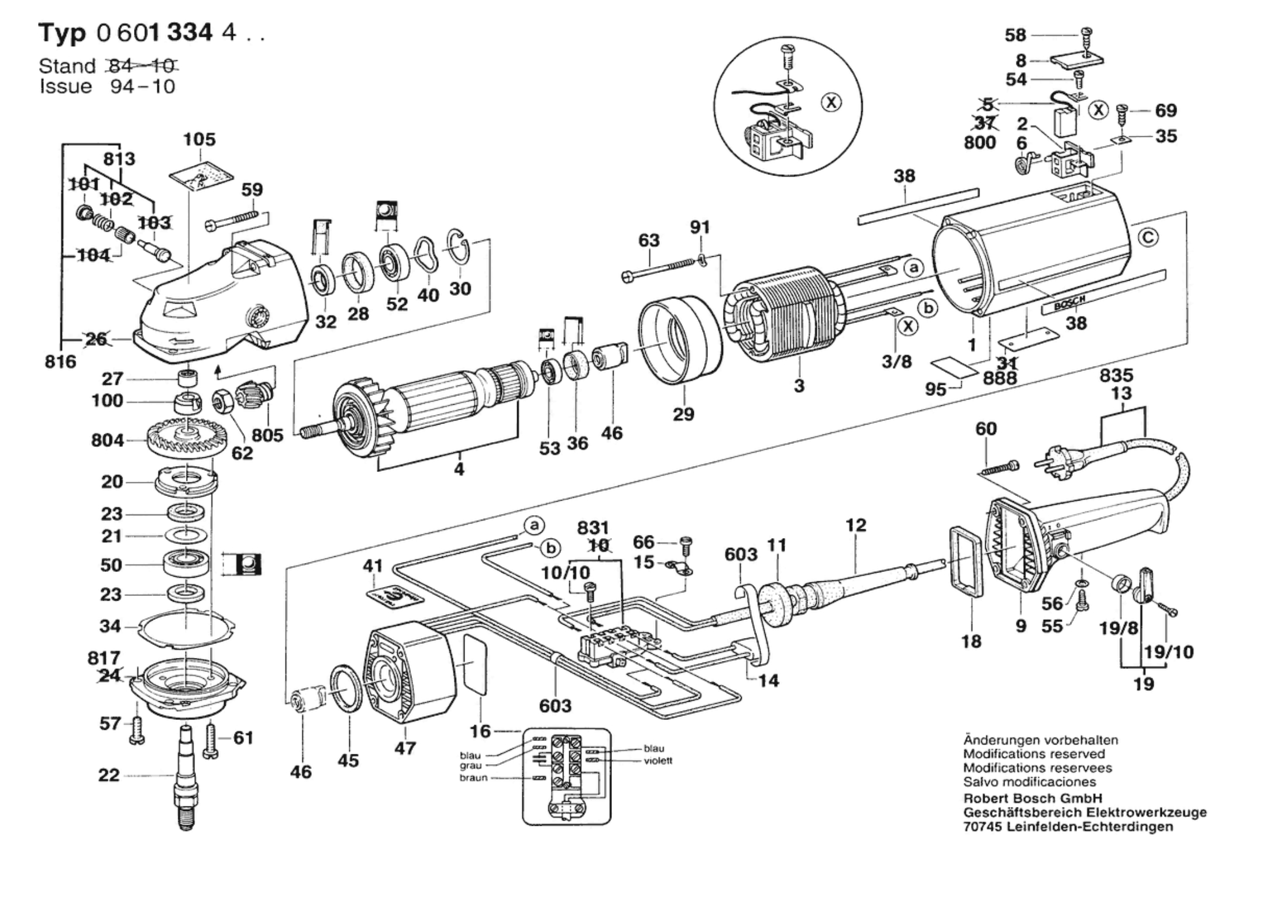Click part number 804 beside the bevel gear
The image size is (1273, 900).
(x=107, y=440)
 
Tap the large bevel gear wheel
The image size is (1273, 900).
(x=185, y=438)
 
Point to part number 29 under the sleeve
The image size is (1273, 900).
(x=683, y=414)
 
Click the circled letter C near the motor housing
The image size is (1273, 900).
(x=1148, y=237)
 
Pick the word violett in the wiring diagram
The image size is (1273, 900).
(x=658, y=761)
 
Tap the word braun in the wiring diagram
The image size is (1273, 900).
(x=473, y=778)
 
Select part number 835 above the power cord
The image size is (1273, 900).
(x=1116, y=375)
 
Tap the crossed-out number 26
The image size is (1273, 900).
(x=97, y=339)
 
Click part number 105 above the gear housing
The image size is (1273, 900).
(x=199, y=139)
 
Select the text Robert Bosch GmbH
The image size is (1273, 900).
(x=1033, y=798)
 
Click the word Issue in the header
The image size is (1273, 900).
(x=66, y=87)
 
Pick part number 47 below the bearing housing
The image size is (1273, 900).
(x=405, y=748)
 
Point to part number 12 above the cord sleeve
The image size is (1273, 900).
(x=855, y=525)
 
